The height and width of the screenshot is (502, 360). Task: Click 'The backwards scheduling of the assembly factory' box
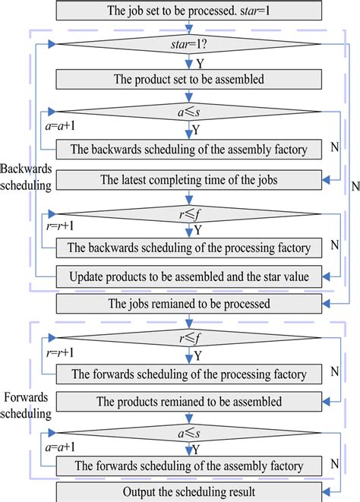188,149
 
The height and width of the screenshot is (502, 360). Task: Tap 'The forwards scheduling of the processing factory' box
188,374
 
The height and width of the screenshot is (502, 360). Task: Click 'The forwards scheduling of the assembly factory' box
188,466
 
